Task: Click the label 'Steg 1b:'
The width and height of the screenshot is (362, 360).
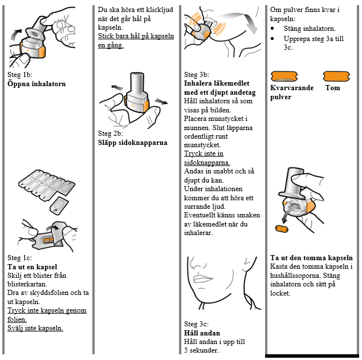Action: coord(20,75)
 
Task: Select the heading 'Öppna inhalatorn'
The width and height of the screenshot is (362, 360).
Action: coord(36,84)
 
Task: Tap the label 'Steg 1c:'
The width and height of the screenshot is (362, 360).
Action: coord(20,258)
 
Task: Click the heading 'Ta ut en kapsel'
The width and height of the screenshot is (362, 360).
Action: coord(32,267)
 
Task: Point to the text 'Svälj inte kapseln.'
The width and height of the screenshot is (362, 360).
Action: coord(35,328)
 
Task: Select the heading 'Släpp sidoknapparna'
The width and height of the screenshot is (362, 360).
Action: coord(133,143)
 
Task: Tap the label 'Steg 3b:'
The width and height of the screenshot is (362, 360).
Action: coord(197,75)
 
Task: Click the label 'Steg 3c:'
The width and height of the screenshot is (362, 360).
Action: coord(197,324)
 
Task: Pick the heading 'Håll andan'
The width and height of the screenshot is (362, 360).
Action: coord(202,333)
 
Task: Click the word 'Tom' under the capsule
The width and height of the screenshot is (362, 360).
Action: coord(332,88)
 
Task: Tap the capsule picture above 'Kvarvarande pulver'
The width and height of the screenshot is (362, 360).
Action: coord(285,76)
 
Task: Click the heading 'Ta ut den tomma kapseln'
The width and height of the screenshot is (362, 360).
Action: coord(311,258)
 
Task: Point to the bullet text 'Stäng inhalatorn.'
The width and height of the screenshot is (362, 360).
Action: coord(310,29)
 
